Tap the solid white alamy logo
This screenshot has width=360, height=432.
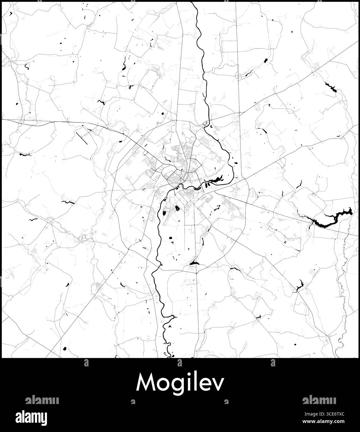click(x=36, y=416)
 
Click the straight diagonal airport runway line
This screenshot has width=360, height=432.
click(x=82, y=137)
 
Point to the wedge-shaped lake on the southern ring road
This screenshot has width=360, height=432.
click(x=193, y=263)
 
